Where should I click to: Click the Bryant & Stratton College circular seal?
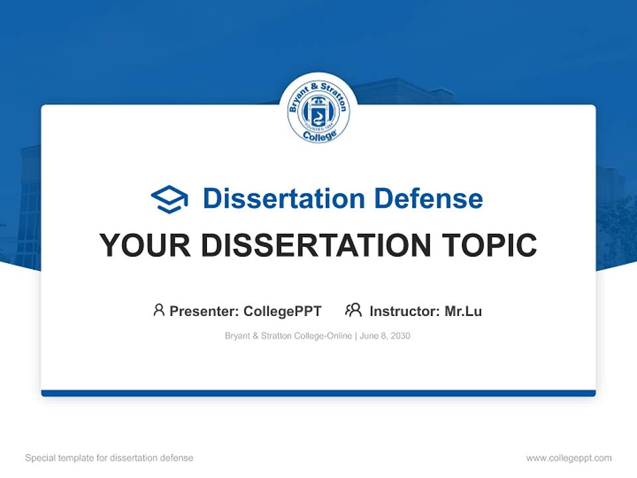[318, 111]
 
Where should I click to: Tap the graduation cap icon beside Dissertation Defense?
[169, 199]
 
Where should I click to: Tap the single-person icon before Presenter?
[159, 310]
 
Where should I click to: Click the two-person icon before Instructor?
[353, 310]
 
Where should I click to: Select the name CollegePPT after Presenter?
[283, 311]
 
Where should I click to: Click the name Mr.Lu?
[463, 311]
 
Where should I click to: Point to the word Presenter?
[204, 311]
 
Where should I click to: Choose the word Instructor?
[405, 311]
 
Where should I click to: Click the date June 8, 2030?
[386, 336]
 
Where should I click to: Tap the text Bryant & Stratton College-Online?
[289, 336]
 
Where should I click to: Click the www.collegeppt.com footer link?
[569, 458]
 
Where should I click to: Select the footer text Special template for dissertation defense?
[109, 458]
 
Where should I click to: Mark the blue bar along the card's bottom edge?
[318, 393]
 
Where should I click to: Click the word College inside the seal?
[318, 135]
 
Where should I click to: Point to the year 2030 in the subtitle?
[401, 336]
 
